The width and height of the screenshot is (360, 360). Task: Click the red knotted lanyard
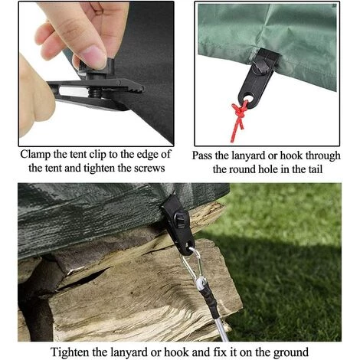239,119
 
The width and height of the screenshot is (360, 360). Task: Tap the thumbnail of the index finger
95,56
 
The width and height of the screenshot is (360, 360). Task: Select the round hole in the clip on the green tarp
249,99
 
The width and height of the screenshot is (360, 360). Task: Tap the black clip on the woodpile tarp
178,224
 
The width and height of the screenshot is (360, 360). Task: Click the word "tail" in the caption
315,169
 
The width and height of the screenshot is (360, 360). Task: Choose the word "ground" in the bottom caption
291,353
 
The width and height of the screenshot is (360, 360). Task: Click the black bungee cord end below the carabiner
209,299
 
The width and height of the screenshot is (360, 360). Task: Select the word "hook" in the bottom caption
177,352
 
